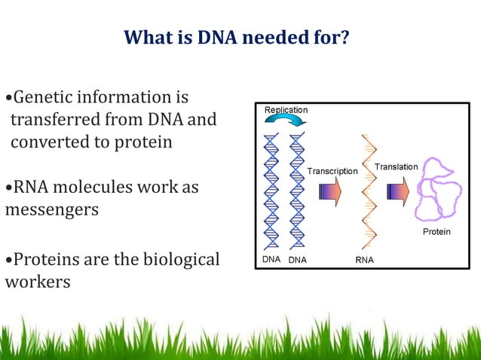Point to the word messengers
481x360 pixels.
coord(52,209)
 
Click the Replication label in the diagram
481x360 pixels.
coord(286,110)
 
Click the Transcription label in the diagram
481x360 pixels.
coord(332,171)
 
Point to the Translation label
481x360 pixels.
coord(396,166)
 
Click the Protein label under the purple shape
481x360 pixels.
coord(436,232)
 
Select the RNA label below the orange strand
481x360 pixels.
coord(364,260)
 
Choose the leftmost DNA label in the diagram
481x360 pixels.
coord(271,260)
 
